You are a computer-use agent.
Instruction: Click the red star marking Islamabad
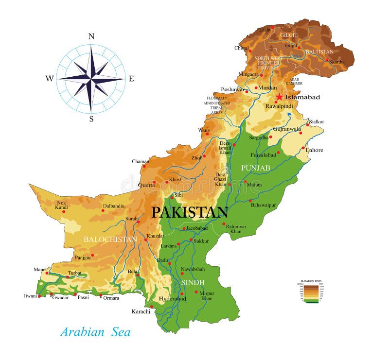click(x=279, y=97)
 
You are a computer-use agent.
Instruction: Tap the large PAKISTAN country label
click(x=190, y=212)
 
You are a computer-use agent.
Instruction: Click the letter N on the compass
click(x=91, y=36)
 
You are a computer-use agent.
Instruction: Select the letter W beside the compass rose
click(x=50, y=78)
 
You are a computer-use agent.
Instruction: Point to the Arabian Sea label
click(x=95, y=332)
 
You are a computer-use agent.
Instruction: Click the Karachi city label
click(x=141, y=311)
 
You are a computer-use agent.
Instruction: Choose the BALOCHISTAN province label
click(x=110, y=240)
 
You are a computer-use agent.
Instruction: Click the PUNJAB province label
click(x=256, y=168)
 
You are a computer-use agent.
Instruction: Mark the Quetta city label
click(x=146, y=185)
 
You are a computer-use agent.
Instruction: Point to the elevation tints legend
click(x=310, y=291)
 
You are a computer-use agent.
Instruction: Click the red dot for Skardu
click(x=327, y=60)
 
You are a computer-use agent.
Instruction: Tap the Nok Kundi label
click(x=62, y=205)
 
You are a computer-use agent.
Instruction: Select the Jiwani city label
click(x=30, y=295)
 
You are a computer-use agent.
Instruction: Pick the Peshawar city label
click(x=232, y=89)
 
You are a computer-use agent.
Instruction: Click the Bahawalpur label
click(x=264, y=205)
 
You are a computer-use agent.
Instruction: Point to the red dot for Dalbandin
click(x=104, y=211)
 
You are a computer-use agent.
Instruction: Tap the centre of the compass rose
click(x=91, y=78)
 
